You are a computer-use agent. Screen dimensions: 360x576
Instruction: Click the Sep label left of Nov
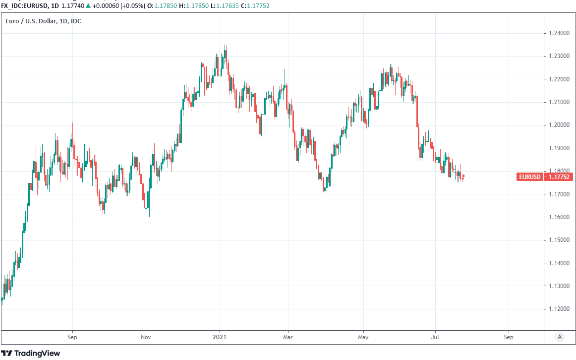coord(72,337)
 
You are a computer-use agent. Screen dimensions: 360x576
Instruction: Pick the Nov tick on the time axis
coord(146,337)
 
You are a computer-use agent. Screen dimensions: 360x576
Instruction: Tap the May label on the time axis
coord(363,337)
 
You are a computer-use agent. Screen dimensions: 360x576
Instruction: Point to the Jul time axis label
coord(435,337)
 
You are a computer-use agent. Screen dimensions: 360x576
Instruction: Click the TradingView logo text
coord(37,353)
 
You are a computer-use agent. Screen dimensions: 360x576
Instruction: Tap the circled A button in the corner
coord(559,337)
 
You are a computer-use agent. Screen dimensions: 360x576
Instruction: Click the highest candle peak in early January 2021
coord(225,46)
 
